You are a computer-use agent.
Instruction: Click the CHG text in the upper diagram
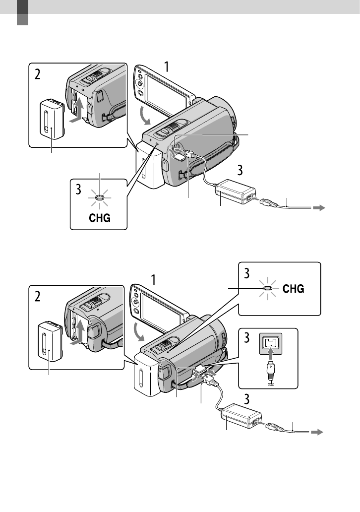click(x=100, y=218)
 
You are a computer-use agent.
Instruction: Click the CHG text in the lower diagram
click(x=294, y=289)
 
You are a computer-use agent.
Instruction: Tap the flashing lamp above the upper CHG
click(x=100, y=197)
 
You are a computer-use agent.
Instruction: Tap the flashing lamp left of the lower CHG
click(x=267, y=289)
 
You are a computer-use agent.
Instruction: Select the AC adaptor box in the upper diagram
click(x=236, y=192)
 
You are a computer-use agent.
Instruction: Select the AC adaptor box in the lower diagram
click(x=242, y=416)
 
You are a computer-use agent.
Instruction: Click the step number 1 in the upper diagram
click(x=167, y=66)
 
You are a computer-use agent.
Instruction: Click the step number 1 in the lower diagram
click(x=153, y=280)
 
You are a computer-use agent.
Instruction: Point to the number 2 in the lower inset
click(x=38, y=297)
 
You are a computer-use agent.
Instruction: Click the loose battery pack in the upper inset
click(x=52, y=120)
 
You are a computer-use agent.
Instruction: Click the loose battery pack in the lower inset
click(x=50, y=341)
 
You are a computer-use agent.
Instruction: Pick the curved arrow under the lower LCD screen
click(x=141, y=332)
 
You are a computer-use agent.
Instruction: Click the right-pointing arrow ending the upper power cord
click(x=319, y=208)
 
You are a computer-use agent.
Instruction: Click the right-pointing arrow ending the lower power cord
click(x=316, y=432)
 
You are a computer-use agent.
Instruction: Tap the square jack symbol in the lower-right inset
click(x=271, y=344)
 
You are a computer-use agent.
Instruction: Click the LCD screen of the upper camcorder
click(x=165, y=90)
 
